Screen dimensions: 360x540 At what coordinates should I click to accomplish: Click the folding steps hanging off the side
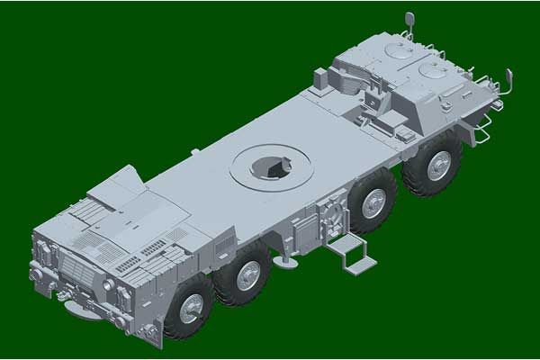[350, 254]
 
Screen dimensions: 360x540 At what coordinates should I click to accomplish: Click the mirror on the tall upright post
[409, 20]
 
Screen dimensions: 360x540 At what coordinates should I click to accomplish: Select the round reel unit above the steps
[330, 216]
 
